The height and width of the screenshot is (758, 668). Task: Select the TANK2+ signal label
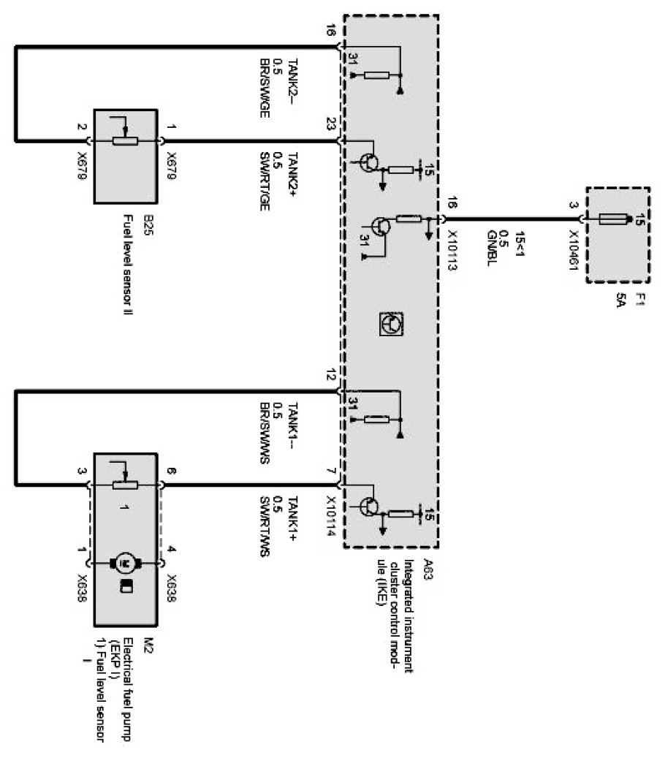(292, 168)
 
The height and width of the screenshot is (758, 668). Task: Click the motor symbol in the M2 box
(124, 563)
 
